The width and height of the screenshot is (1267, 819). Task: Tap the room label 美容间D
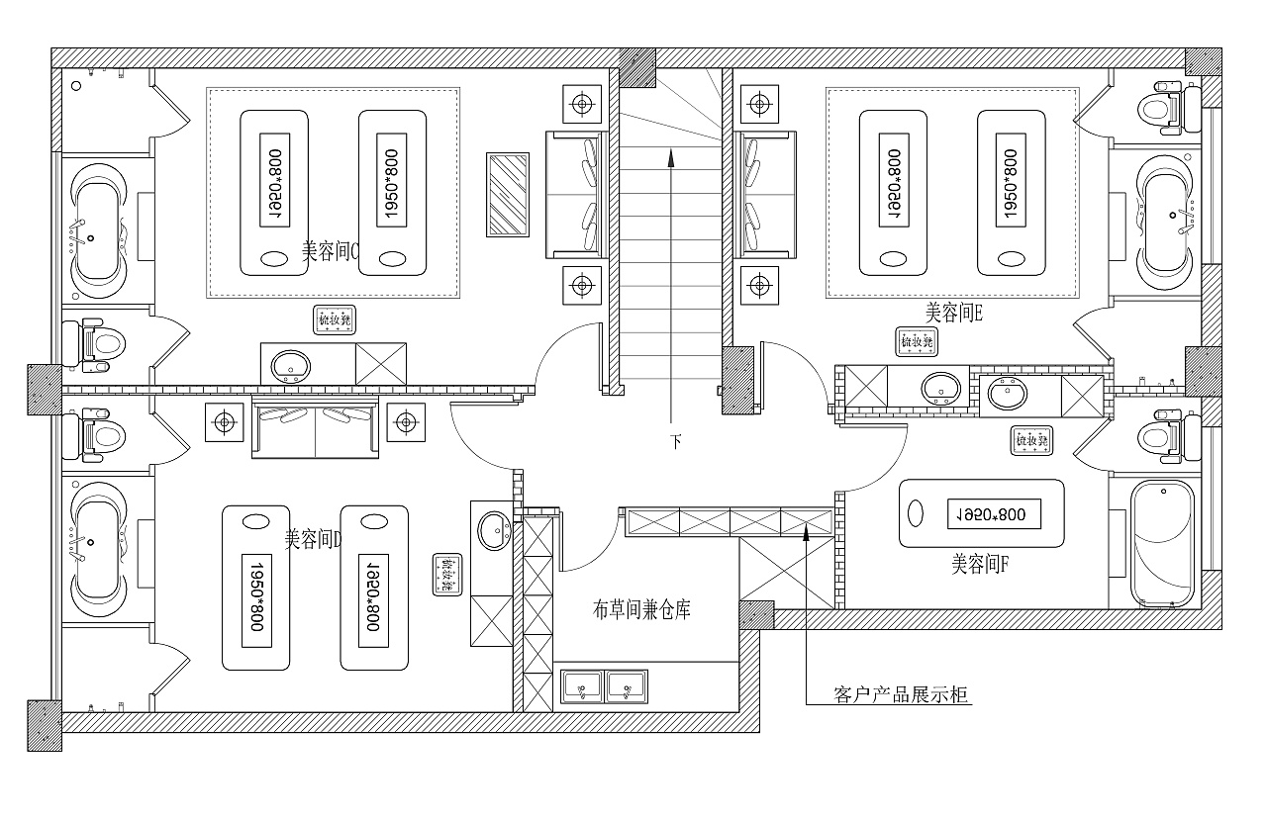pos(313,539)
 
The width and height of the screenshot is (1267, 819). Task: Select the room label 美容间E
pos(953,314)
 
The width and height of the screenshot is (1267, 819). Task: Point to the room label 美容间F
pos(980,564)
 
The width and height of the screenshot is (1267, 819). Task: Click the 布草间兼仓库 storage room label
pos(641,610)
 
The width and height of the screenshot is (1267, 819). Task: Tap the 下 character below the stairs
pos(676,442)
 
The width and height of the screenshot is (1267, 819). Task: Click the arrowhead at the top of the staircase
pos(671,155)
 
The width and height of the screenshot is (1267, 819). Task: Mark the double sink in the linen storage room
pos(605,685)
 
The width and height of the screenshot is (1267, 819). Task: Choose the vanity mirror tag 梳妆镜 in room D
pos(446,575)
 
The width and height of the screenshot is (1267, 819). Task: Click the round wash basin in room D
pos(492,532)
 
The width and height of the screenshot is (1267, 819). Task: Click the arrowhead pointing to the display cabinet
pos(807,531)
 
